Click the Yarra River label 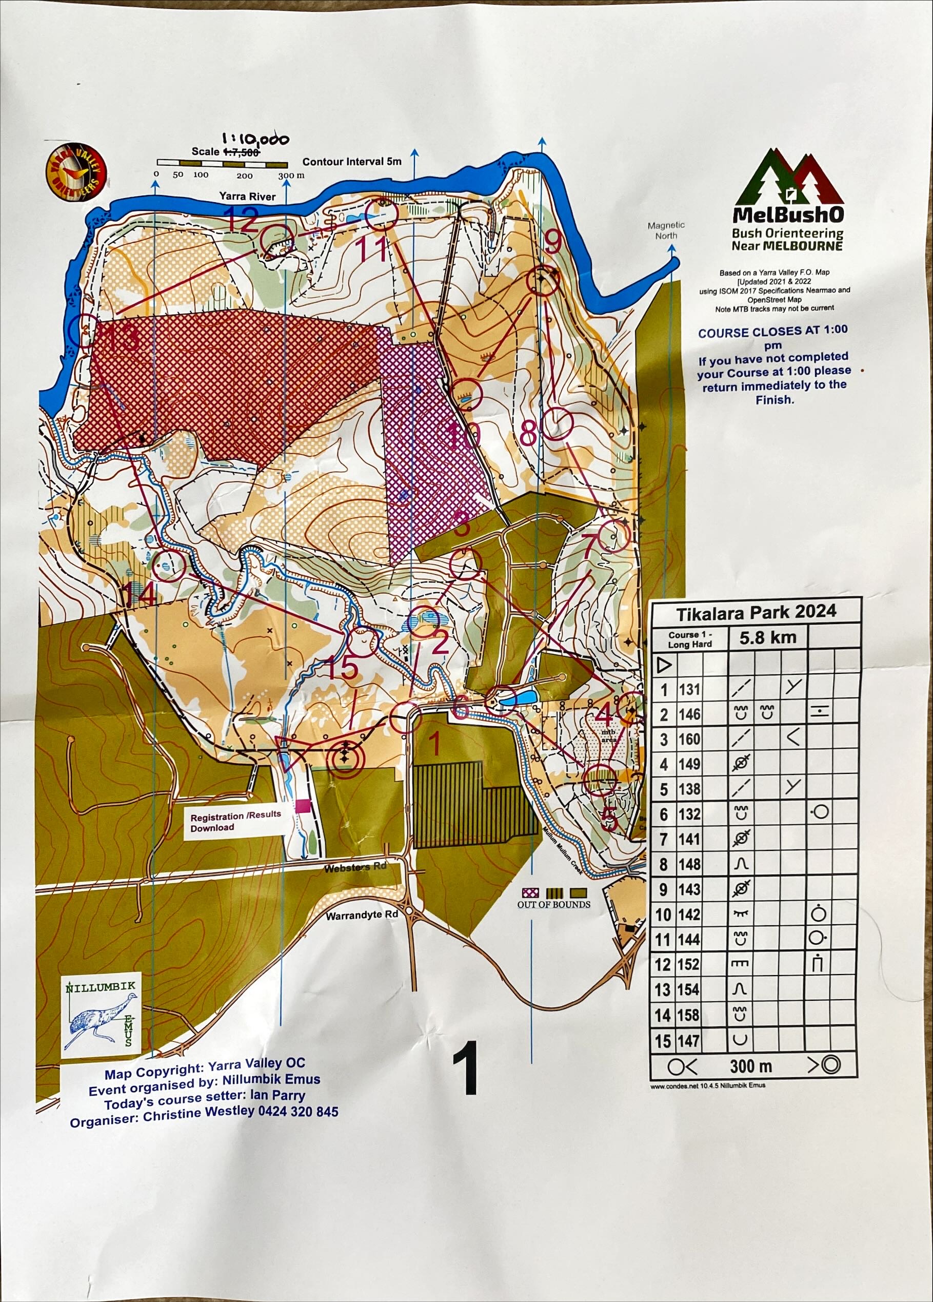tap(247, 197)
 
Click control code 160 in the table tap(689, 739)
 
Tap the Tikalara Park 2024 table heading tap(756, 612)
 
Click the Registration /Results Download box tap(235, 821)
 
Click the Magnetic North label tap(666, 230)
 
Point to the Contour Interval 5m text tap(352, 162)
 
